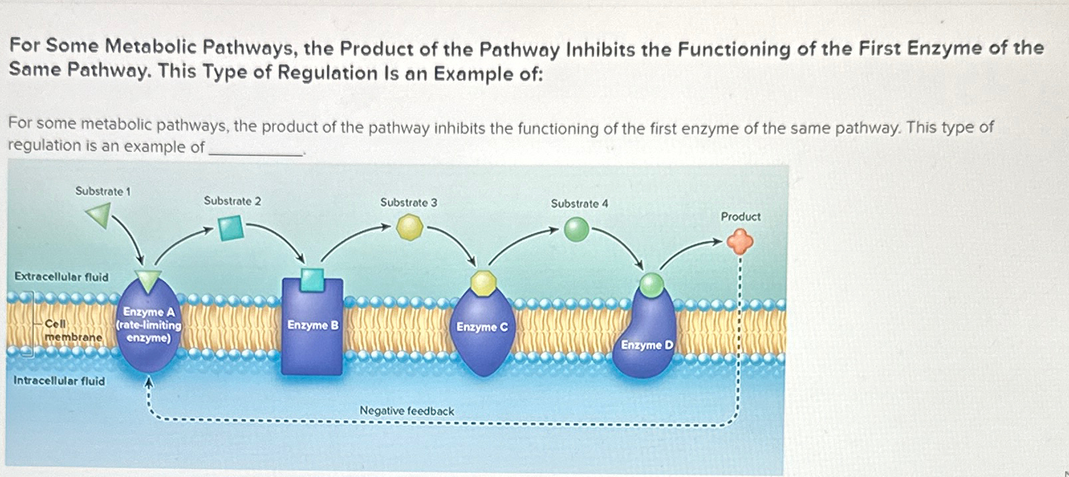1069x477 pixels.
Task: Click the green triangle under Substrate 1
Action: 99,215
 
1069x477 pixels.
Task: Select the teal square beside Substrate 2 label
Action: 231,228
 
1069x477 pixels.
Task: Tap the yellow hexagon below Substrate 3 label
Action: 409,228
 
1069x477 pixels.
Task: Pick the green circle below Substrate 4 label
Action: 576,230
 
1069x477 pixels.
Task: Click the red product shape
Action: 739,241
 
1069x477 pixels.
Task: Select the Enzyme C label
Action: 481,327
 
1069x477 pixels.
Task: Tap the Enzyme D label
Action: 647,345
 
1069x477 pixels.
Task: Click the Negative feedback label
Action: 407,411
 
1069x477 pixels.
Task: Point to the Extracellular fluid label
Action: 61,277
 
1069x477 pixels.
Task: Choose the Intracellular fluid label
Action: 59,381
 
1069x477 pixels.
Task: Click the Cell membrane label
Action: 72,330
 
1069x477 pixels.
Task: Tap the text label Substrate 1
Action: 103,191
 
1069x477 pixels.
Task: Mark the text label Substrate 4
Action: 579,204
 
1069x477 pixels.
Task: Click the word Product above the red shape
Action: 740,216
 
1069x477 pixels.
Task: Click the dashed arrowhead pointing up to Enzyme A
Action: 149,382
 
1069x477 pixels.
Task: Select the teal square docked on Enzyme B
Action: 312,280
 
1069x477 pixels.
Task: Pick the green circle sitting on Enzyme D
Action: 651,285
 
